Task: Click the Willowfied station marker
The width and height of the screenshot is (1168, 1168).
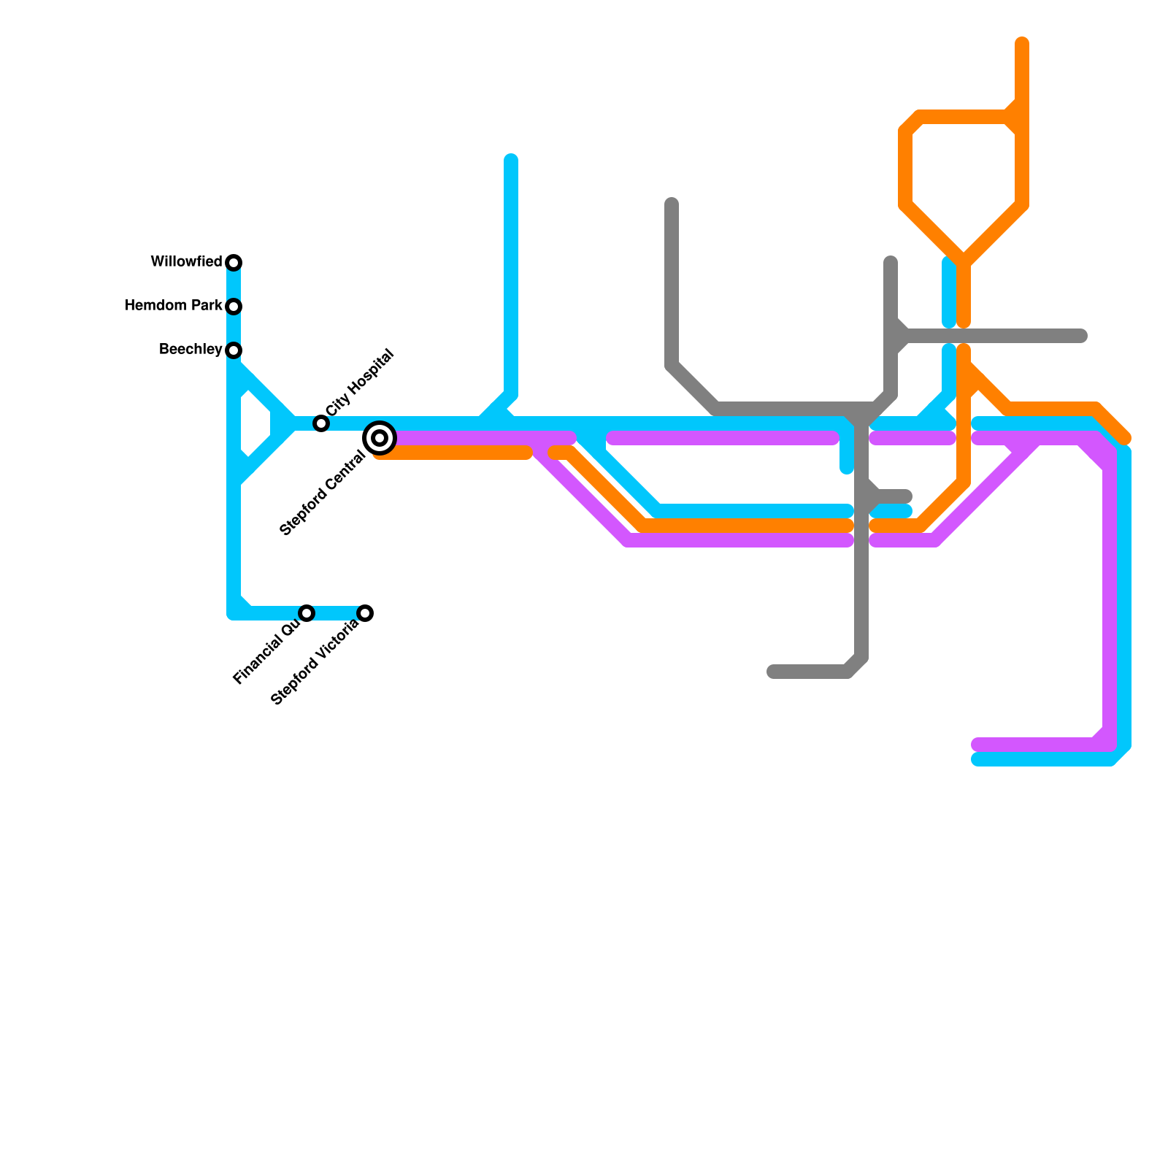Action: (234, 263)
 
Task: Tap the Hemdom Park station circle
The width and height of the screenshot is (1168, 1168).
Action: (234, 307)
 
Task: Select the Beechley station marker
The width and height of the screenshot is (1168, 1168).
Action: (234, 350)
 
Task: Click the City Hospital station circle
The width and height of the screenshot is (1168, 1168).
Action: (321, 423)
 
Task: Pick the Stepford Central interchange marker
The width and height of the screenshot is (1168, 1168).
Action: (380, 438)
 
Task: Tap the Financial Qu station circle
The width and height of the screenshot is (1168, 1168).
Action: (307, 613)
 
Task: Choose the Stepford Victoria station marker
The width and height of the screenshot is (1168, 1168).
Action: (366, 613)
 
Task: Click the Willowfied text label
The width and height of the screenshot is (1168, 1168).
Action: (186, 262)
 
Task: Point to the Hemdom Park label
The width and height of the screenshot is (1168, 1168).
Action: (173, 306)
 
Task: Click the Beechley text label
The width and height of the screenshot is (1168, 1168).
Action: (191, 350)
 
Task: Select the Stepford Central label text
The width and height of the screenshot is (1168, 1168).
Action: (323, 494)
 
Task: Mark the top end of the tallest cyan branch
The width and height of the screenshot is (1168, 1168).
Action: (511, 160)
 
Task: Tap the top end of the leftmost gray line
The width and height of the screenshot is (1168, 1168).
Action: (672, 204)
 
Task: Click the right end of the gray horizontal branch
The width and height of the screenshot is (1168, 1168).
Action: (1083, 336)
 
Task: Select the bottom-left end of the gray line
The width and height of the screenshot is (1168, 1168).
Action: (772, 672)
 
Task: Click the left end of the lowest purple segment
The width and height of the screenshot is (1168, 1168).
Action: (977, 745)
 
